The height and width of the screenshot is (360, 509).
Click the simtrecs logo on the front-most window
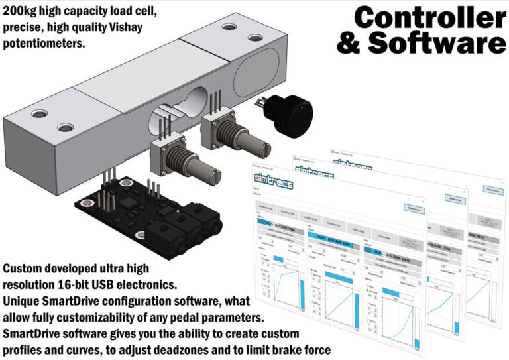tap(270, 177)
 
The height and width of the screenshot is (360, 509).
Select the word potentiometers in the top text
tap(46, 44)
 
